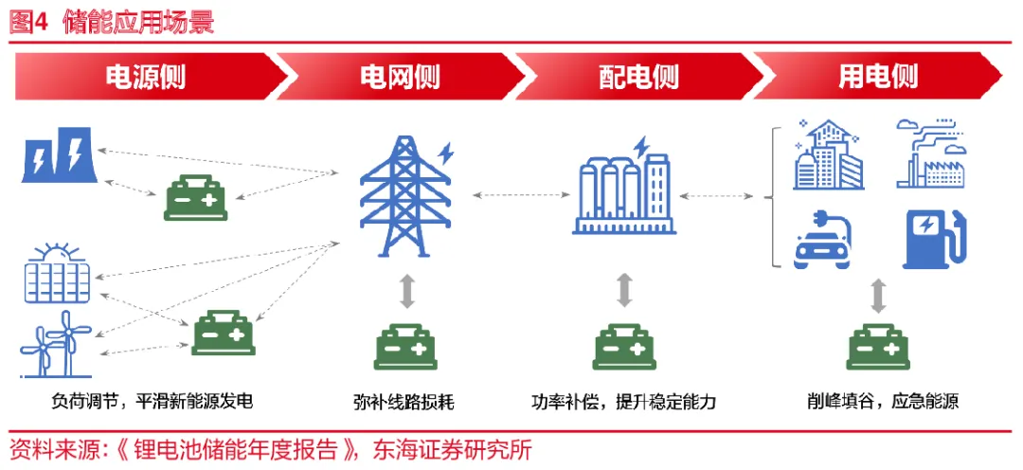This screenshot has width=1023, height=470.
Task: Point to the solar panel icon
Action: (60, 275)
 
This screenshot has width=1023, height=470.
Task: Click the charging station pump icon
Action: (932, 238)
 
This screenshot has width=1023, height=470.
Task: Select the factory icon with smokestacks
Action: (932, 154)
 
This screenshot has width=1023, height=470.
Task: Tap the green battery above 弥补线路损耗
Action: (404, 348)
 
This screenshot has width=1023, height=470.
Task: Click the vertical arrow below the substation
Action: (624, 290)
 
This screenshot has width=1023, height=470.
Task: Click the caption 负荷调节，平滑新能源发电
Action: (152, 401)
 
